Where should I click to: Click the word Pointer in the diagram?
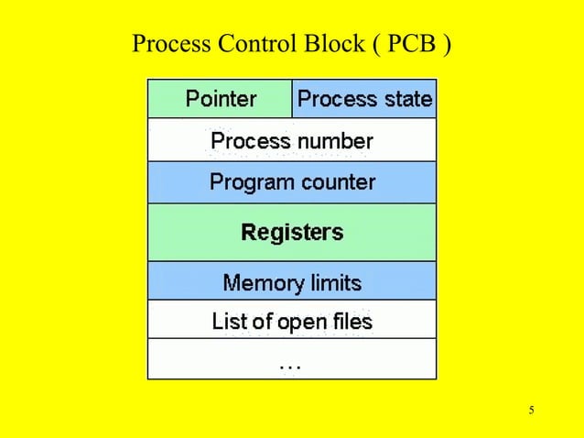pyautogui.click(x=221, y=98)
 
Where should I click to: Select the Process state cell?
pyautogui.click(x=364, y=99)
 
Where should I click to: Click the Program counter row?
pyautogui.click(x=292, y=182)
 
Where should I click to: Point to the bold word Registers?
pyautogui.click(x=292, y=232)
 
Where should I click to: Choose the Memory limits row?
pyautogui.click(x=292, y=282)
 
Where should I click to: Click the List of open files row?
pyautogui.click(x=292, y=322)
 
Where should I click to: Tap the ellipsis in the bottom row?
pyautogui.click(x=290, y=366)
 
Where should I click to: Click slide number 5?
pyautogui.click(x=531, y=410)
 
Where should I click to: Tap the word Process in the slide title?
pyautogui.click(x=170, y=44)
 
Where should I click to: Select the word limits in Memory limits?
pyautogui.click(x=333, y=282)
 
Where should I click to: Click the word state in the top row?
pyautogui.click(x=407, y=99)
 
